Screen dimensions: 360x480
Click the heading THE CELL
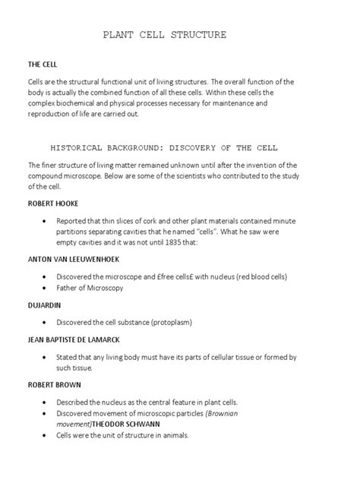(44, 66)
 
